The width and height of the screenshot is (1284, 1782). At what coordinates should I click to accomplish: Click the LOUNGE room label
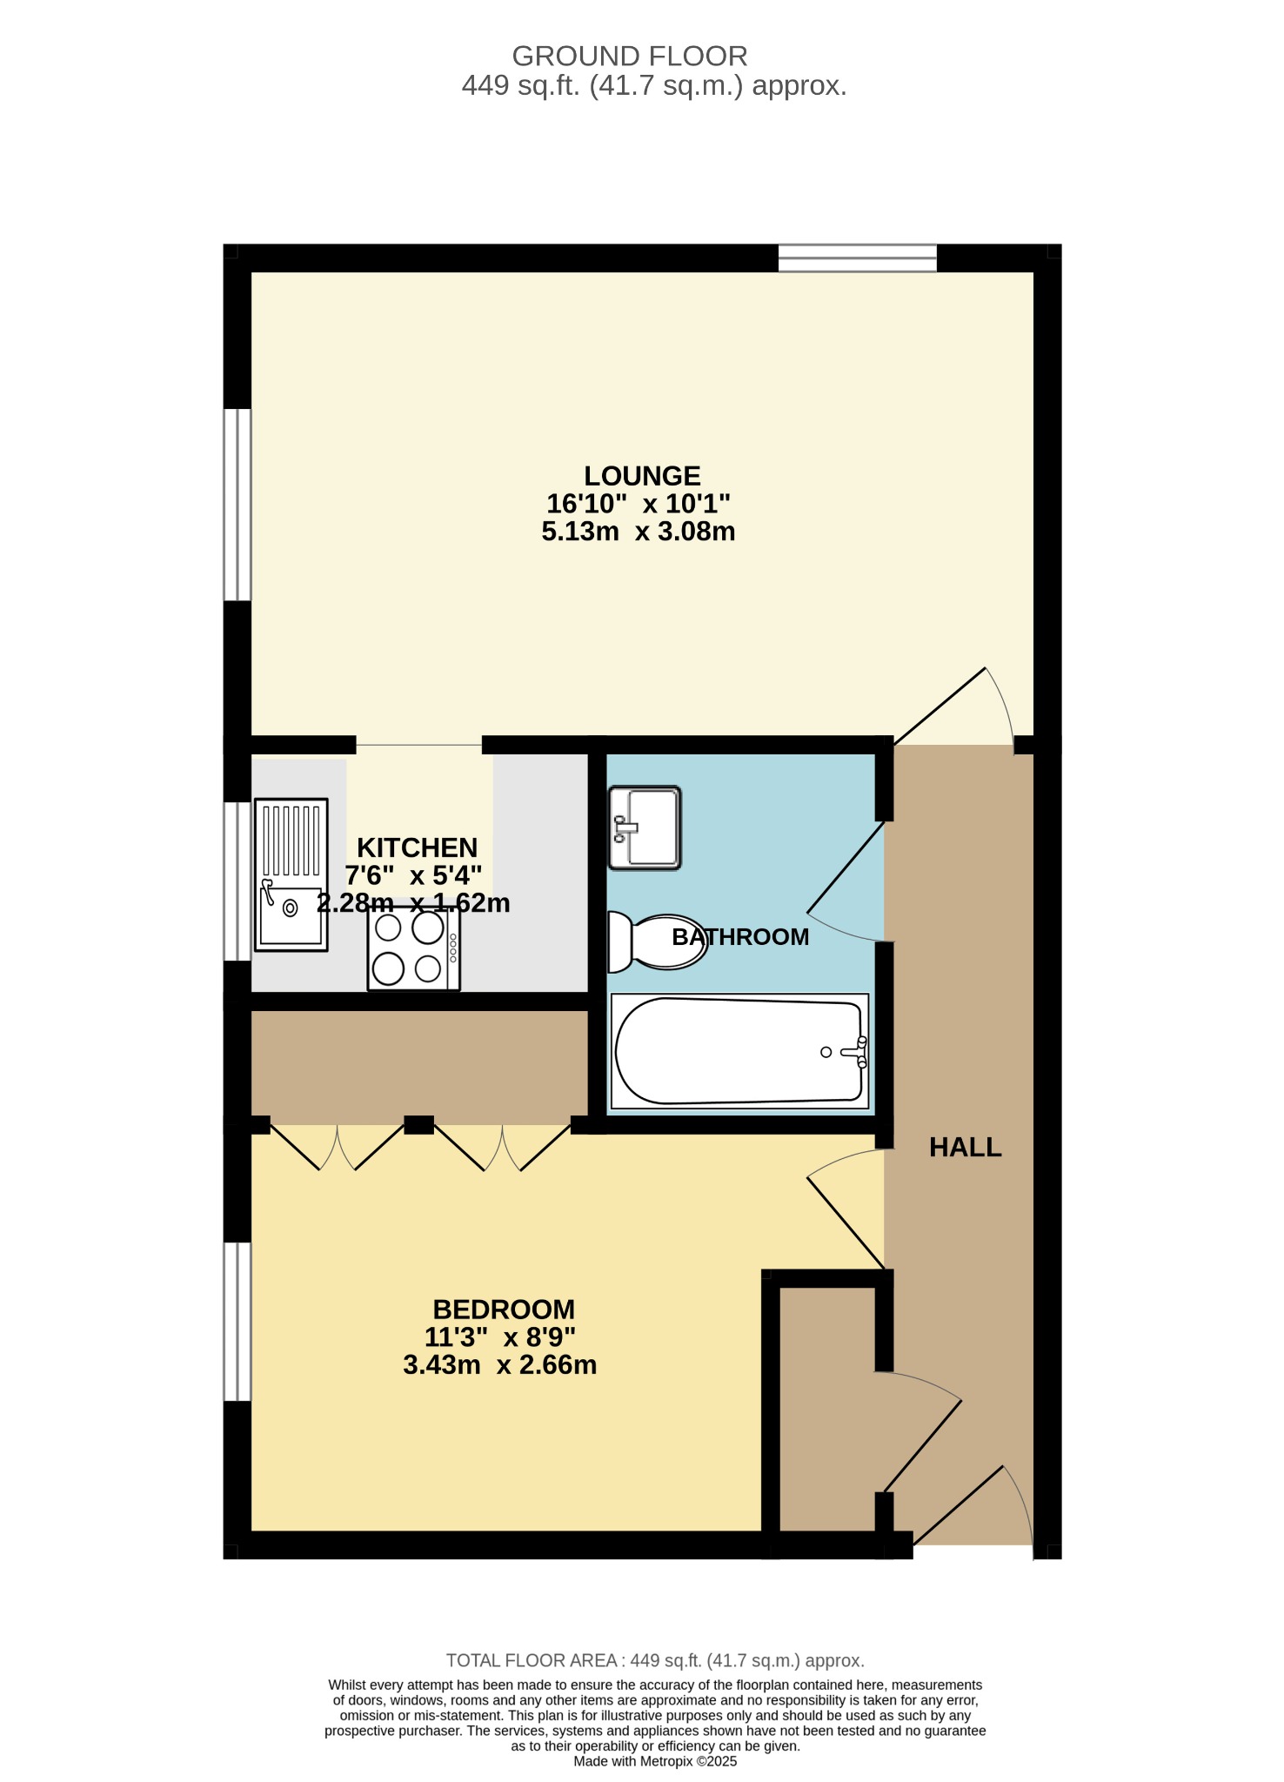[x=642, y=476]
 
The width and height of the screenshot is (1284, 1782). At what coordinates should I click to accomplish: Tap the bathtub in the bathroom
[x=740, y=1051]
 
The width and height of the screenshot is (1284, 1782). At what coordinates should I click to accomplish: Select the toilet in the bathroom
[x=657, y=941]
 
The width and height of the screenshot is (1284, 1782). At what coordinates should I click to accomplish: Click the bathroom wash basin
[x=645, y=827]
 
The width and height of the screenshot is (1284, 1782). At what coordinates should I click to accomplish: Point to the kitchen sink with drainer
[x=291, y=874]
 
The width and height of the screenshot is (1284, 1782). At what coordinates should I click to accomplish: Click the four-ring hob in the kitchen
[x=414, y=949]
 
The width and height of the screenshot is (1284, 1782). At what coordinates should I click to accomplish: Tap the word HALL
[x=965, y=1148]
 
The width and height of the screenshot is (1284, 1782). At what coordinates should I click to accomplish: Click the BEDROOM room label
[x=504, y=1310]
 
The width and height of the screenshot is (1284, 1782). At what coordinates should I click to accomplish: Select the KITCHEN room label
[x=418, y=847]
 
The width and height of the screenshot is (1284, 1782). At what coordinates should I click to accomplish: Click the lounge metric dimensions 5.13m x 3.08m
[x=639, y=532]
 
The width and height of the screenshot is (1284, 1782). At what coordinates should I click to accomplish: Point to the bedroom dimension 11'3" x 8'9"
[x=500, y=1337]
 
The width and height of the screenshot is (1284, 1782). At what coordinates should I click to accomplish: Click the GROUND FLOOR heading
[x=630, y=57]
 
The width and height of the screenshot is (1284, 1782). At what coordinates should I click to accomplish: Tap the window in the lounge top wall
[x=857, y=258]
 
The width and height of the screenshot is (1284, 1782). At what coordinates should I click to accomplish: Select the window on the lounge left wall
[x=237, y=505]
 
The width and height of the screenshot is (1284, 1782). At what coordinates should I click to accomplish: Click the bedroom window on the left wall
[x=237, y=1321]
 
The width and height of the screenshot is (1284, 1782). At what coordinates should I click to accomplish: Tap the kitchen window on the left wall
[x=237, y=881]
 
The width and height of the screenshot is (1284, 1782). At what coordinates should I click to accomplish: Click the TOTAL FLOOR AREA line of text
[x=655, y=1660]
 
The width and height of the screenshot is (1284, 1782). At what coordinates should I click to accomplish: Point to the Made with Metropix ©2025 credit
[x=655, y=1761]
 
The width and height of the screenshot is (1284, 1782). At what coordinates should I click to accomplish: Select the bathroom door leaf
[x=846, y=868]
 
